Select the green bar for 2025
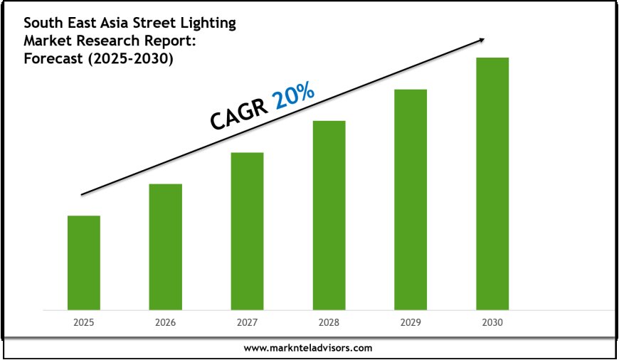tap(83, 263)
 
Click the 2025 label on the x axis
tap(83, 322)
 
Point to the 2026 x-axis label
tap(165, 322)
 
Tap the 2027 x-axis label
tap(247, 322)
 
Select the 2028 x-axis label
tap(329, 322)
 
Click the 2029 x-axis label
tap(411, 322)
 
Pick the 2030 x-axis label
tap(492, 322)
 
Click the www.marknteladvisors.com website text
tap(308, 348)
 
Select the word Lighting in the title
tap(210, 23)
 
